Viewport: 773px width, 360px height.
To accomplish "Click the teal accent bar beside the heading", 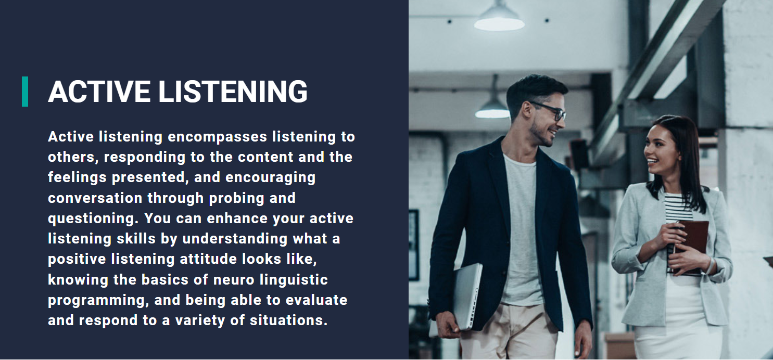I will click(x=25, y=92).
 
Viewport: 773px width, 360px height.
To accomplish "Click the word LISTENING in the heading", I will click(x=233, y=92).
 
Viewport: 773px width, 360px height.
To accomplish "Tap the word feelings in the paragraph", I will click(x=78, y=177).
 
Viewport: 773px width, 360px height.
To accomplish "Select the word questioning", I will click(x=92, y=218).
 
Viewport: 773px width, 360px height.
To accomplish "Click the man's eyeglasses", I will click(x=549, y=111).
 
